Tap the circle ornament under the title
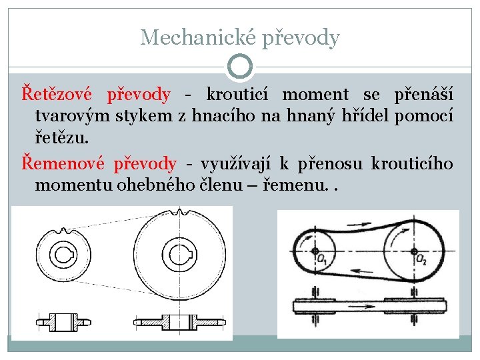240,67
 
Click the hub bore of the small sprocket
67,255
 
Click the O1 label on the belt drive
322,259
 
